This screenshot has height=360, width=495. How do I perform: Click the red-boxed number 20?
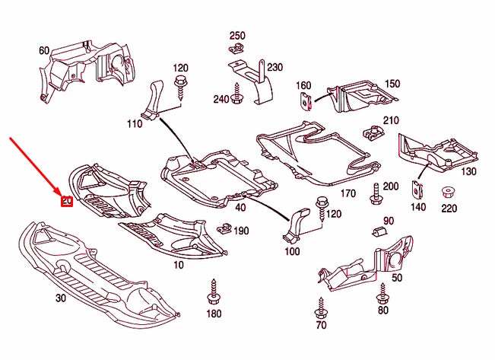pyautogui.click(x=66, y=201)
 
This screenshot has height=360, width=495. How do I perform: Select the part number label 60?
pyautogui.click(x=44, y=51)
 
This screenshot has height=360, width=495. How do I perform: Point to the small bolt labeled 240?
pyautogui.click(x=238, y=97)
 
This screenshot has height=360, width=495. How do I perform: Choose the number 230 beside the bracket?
pyautogui.click(x=274, y=67)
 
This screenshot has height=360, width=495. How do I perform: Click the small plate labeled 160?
pyautogui.click(x=306, y=100)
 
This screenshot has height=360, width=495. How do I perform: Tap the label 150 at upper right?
pyautogui.click(x=392, y=84)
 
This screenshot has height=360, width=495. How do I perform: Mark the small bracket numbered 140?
pyautogui.click(x=417, y=190)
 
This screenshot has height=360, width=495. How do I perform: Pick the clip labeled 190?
pyautogui.click(x=224, y=228)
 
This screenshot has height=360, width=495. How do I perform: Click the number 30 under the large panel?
pyautogui.click(x=60, y=298)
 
